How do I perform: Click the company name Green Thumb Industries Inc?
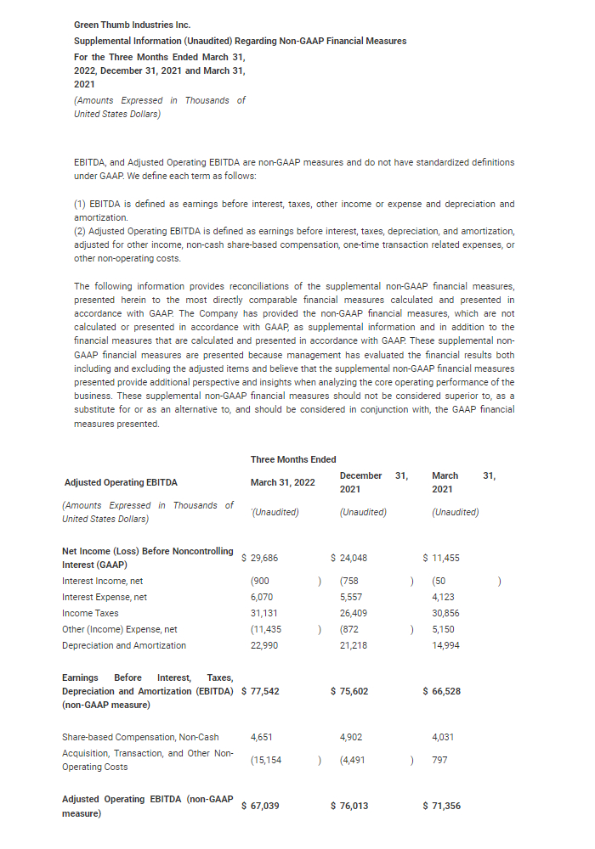tap(132, 25)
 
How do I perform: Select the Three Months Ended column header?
tap(293, 459)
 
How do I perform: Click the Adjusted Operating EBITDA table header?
tap(121, 482)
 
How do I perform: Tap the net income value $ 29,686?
tap(260, 558)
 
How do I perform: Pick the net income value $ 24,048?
tap(349, 558)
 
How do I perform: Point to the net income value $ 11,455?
tap(441, 558)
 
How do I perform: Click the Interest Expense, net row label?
tap(105, 598)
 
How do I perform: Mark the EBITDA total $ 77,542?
tap(261, 691)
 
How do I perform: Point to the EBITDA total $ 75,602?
tap(349, 691)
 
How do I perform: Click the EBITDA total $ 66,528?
tap(442, 691)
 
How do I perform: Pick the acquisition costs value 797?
tap(439, 760)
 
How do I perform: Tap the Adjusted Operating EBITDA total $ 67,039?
tap(261, 806)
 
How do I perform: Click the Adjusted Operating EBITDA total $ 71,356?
tap(442, 806)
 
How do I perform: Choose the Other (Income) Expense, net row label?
tap(120, 629)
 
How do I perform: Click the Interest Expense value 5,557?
tap(351, 598)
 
